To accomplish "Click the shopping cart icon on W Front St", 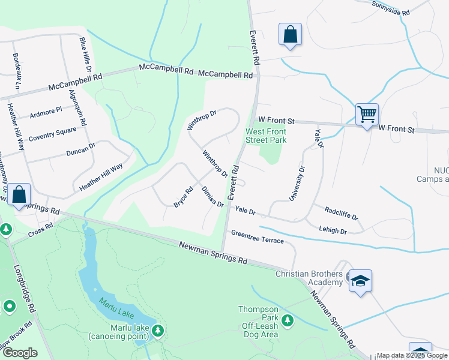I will tap(366, 113).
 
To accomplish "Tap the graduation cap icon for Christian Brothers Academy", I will tap(360, 281).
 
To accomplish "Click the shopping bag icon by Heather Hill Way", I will tap(19, 195).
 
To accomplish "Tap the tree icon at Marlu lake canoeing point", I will tap(158, 330).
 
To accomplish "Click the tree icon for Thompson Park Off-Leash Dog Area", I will tap(288, 320).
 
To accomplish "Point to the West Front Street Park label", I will tap(266, 136).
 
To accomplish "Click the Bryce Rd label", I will tap(183, 197).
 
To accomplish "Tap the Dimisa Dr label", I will tap(212, 196).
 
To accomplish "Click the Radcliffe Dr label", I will tap(341, 213).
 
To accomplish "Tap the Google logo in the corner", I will tap(20, 352).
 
